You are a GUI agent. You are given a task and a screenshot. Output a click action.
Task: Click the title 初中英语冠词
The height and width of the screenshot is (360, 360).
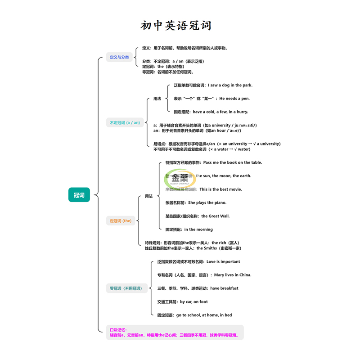pyautogui.click(x=175, y=25)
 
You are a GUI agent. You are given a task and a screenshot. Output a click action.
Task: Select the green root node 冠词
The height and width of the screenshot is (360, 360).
pyautogui.click(x=79, y=195)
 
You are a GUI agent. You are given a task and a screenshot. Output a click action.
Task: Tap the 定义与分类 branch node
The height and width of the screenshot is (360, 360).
pyautogui.click(x=119, y=57)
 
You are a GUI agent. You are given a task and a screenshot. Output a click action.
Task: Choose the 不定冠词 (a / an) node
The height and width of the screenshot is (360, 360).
pyautogui.click(x=125, y=122)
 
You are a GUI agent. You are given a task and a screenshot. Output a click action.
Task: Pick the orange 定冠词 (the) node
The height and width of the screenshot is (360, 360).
pyautogui.click(x=121, y=221)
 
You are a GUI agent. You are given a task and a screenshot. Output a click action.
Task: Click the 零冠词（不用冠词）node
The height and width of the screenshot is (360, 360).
pyautogui.click(x=126, y=288)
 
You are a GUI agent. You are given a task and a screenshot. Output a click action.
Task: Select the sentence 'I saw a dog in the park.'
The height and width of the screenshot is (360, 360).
pyautogui.click(x=230, y=85)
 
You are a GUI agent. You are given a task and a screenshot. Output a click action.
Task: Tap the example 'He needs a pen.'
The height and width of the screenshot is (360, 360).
pyautogui.click(x=234, y=99)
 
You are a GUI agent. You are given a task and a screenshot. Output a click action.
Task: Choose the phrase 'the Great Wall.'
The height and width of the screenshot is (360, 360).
pyautogui.click(x=216, y=216)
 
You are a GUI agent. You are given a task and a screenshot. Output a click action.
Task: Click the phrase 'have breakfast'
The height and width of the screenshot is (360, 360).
pyautogui.click(x=224, y=288)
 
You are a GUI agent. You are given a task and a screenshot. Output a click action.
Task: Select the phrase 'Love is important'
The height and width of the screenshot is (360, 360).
pyautogui.click(x=223, y=261)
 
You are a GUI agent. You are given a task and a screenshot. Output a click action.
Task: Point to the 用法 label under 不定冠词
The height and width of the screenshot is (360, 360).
pyautogui.click(x=157, y=99)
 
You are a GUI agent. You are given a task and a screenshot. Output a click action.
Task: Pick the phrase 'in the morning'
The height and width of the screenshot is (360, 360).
pyautogui.click(x=198, y=229)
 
